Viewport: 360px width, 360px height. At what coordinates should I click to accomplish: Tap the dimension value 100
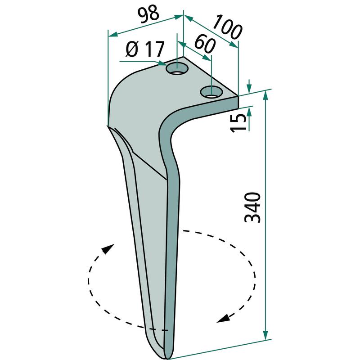(x=227, y=27)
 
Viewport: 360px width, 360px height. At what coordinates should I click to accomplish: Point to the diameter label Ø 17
(x=145, y=49)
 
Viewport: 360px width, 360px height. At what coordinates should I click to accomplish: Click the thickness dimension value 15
(x=238, y=123)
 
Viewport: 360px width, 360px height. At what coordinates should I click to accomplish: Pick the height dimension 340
(x=252, y=207)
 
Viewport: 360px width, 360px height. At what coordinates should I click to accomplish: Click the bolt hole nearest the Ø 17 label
(x=177, y=68)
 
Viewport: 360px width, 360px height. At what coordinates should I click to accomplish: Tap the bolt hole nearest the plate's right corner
(x=211, y=92)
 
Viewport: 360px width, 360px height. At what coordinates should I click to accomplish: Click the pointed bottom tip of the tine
(x=168, y=358)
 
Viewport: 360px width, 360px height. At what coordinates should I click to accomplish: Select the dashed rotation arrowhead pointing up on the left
(x=107, y=249)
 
